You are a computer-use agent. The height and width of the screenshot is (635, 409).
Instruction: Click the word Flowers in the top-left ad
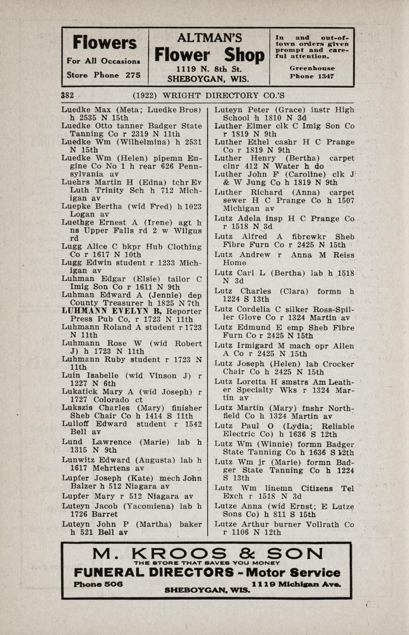coord(105,43)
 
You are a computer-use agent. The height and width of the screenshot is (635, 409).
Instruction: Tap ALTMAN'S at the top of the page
coord(209,37)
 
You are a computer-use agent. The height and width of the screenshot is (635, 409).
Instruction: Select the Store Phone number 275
coord(133,75)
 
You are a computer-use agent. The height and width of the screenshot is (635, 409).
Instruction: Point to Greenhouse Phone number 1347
coord(325,76)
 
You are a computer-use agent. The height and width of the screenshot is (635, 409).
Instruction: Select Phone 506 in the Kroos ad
coord(98,583)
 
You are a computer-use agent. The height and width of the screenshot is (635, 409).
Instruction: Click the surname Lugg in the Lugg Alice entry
coord(71,247)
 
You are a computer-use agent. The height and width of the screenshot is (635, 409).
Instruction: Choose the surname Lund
coord(72,442)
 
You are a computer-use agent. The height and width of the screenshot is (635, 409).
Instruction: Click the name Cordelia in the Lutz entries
coord(254,309)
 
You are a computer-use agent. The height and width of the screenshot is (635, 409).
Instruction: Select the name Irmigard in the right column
coord(255,346)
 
